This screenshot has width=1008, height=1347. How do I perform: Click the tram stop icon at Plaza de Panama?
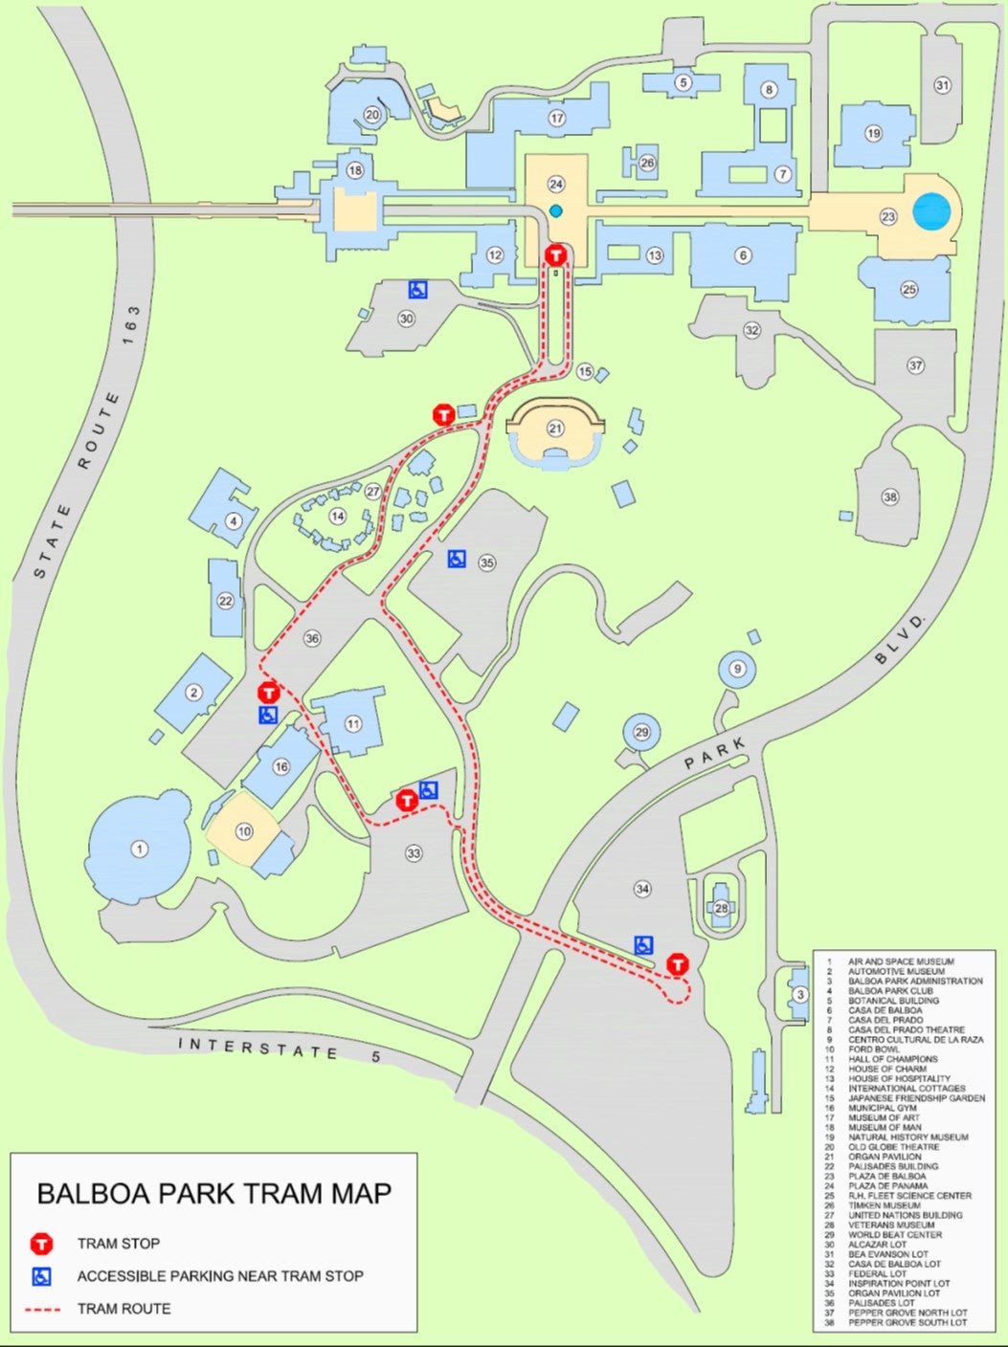[555, 255]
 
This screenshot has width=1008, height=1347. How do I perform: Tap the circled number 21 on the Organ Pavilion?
[555, 429]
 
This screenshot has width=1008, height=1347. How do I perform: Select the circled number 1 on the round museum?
[140, 849]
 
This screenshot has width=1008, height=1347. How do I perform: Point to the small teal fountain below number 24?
[555, 210]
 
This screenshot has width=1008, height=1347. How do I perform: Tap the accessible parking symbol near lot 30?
[418, 289]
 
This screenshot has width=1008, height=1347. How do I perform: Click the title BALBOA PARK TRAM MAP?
[213, 1193]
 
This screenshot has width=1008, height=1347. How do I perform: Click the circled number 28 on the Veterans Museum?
[721, 907]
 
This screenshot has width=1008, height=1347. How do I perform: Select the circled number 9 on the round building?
[736, 669]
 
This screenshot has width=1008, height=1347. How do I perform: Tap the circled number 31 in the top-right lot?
[943, 85]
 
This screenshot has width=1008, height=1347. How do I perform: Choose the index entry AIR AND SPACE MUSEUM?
[901, 961]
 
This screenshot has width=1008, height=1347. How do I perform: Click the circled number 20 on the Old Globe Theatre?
[372, 116]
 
